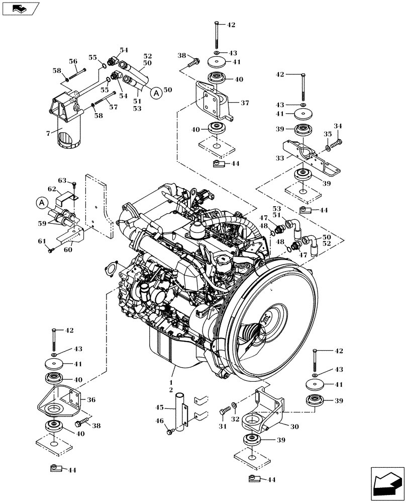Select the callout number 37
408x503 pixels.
[244, 103]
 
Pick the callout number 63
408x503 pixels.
[61, 180]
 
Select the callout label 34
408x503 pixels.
[338, 126]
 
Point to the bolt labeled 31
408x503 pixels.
[224, 412]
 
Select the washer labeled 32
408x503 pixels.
[235, 405]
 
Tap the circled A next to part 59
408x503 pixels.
[41, 203]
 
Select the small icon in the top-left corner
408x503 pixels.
[19, 8]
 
